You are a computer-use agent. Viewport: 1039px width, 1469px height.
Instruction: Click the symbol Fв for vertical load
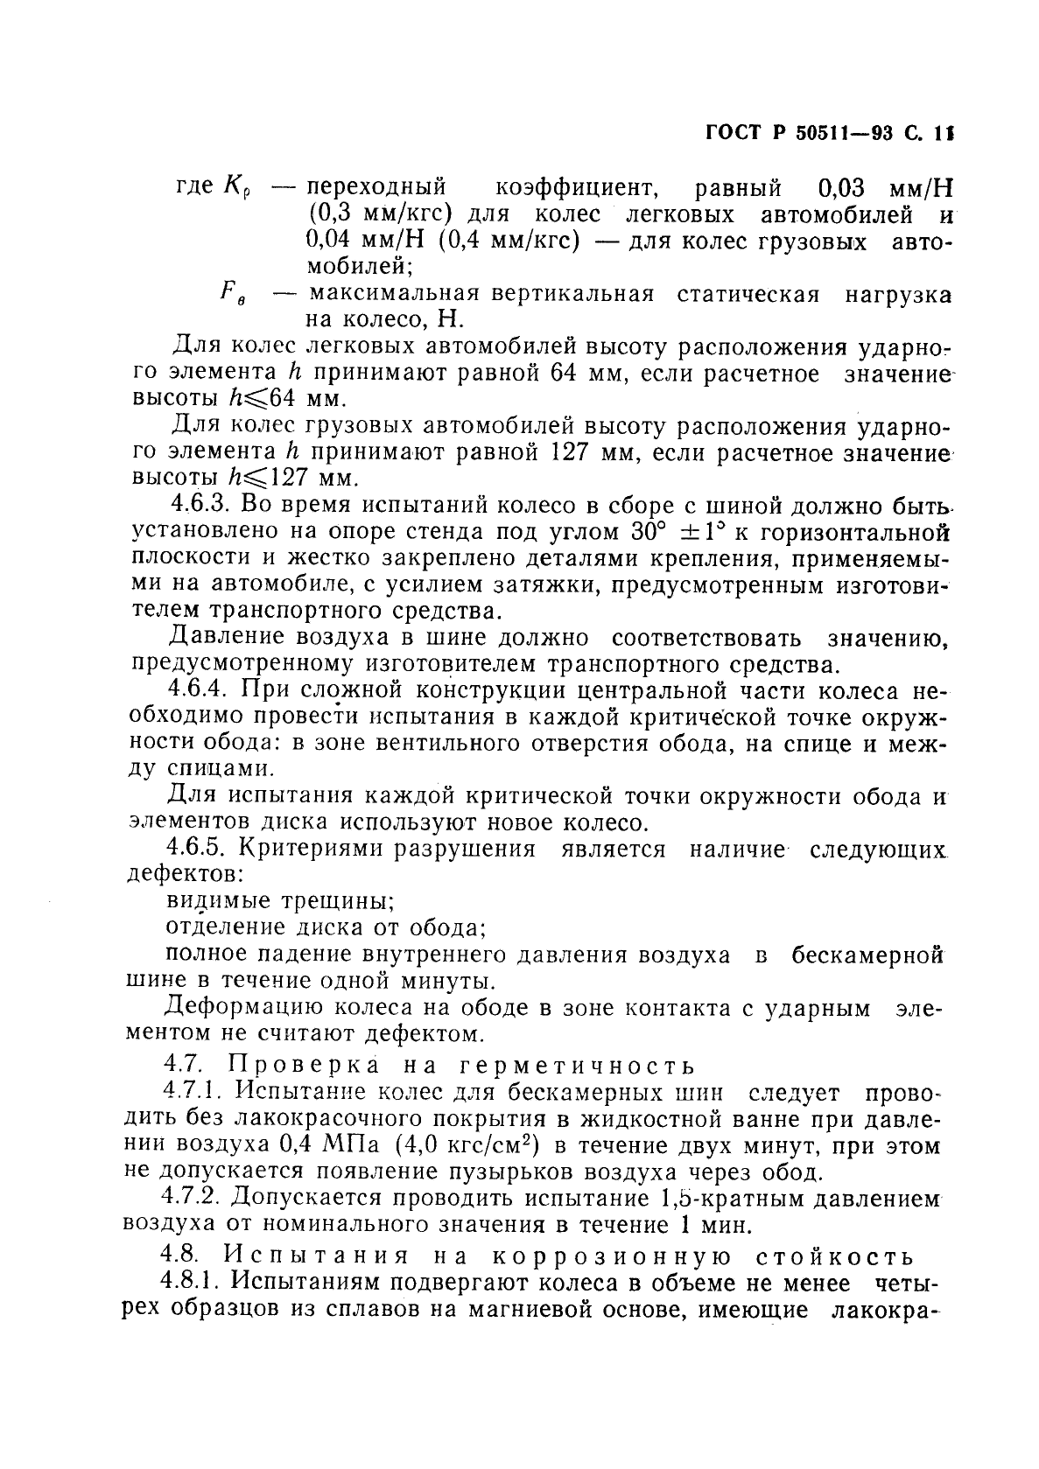click(232, 296)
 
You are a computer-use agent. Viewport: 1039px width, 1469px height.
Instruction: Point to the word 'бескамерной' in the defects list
click(867, 955)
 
